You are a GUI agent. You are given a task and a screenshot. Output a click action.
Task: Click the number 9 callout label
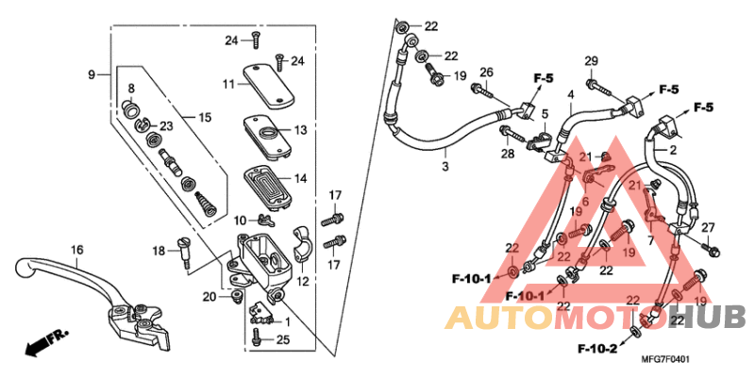(x=92, y=74)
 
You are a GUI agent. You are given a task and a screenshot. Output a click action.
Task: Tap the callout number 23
(x=166, y=125)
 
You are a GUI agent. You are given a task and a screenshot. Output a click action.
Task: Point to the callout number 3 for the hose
(x=444, y=167)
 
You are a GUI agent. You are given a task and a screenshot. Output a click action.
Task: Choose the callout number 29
(x=592, y=62)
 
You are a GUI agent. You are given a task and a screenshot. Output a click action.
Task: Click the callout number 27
(x=709, y=227)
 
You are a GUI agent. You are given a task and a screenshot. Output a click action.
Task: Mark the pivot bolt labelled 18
(x=186, y=252)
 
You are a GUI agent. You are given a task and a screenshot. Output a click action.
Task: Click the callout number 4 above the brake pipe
(x=570, y=95)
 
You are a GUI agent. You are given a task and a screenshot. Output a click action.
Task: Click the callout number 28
(x=505, y=154)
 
